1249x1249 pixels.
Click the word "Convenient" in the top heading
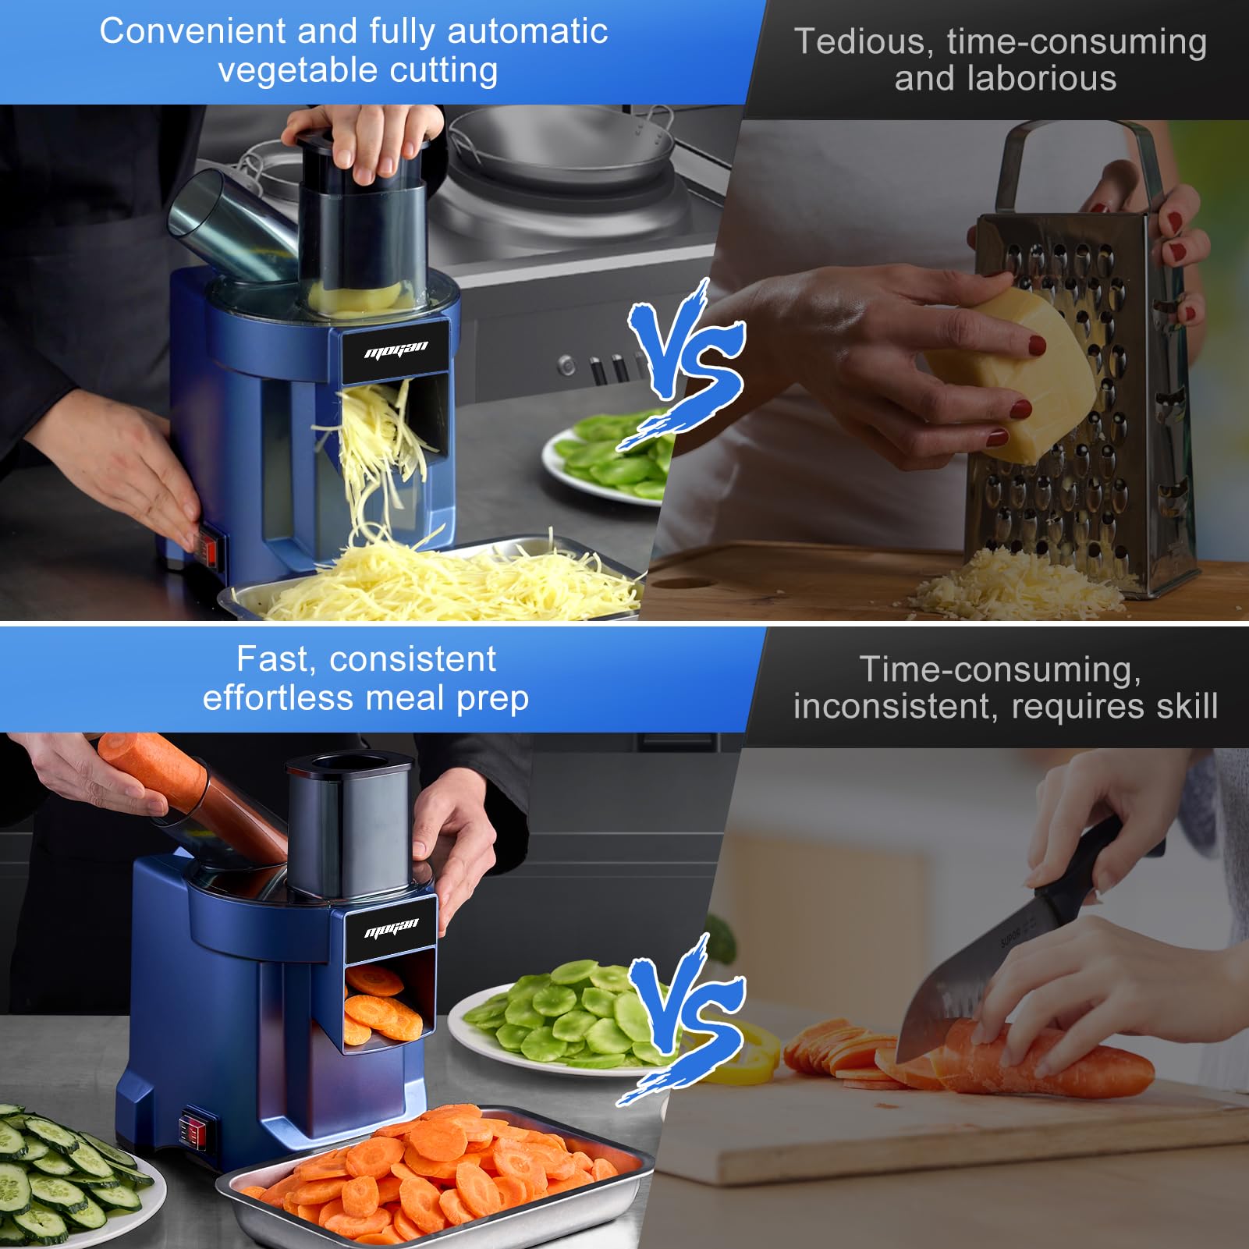point(193,31)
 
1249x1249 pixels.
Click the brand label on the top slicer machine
point(396,350)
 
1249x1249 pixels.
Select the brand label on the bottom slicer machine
point(391,928)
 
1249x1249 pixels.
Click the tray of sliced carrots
point(433,1174)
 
